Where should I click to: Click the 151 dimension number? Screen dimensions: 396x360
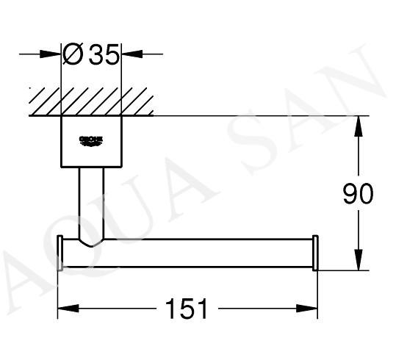(186, 309)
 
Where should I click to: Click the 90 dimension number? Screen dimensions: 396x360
(358, 193)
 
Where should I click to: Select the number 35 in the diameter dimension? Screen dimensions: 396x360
(104, 54)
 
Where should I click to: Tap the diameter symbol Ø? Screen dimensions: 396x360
(73, 54)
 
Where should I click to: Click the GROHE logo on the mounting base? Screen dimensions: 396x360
(91, 141)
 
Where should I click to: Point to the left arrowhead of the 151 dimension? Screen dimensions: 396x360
(68, 309)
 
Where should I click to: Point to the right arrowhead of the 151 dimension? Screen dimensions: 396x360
(307, 309)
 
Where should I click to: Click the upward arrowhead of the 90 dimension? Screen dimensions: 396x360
(359, 126)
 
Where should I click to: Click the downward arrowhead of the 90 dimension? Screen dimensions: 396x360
(359, 259)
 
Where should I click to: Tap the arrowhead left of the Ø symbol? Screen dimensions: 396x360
(51, 54)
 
